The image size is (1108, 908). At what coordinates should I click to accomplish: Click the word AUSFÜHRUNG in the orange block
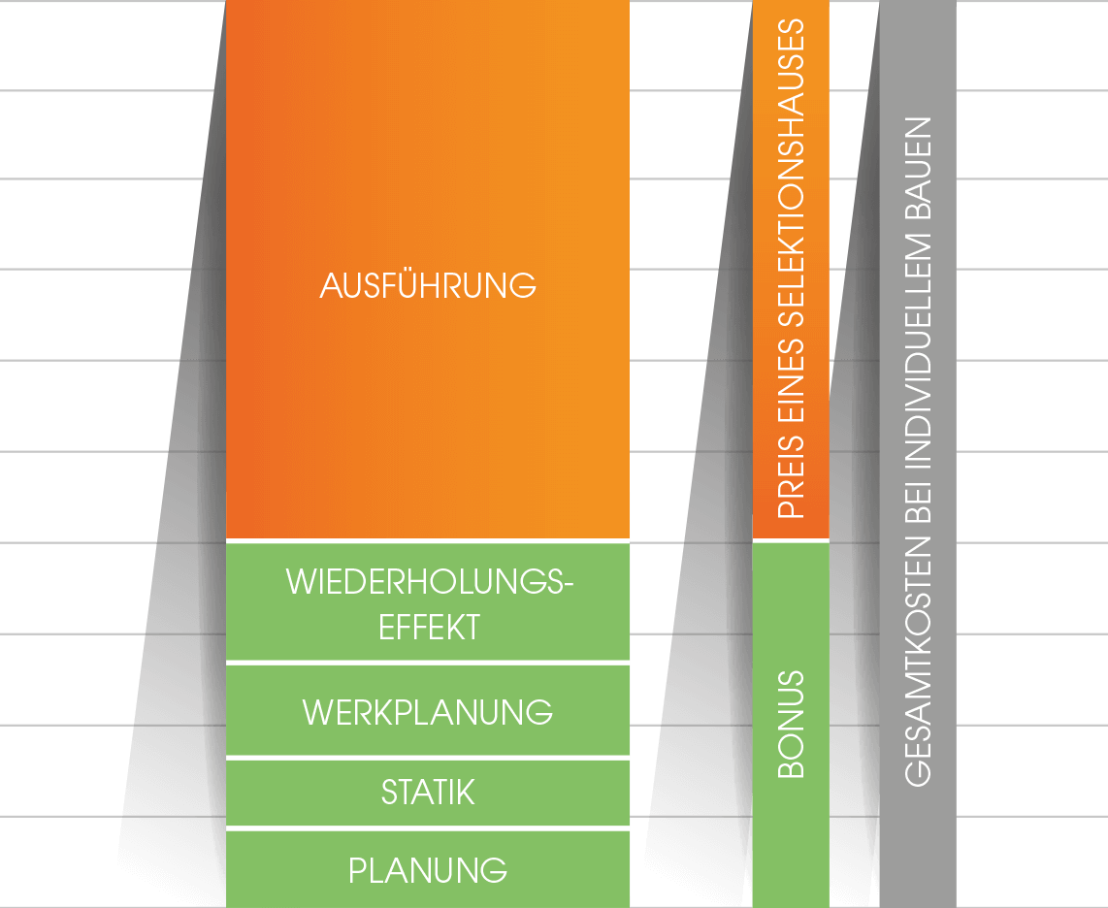point(428,286)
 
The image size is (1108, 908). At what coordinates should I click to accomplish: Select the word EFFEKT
point(429,627)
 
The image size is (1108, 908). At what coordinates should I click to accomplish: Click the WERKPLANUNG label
point(428,712)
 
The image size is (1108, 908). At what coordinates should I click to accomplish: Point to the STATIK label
point(428,793)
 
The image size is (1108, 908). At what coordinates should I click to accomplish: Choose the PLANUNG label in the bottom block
point(428,869)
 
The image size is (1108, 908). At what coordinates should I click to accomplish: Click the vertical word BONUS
point(792,724)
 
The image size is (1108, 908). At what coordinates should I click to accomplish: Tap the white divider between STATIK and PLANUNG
point(428,828)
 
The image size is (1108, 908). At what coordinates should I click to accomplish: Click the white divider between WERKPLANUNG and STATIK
point(428,758)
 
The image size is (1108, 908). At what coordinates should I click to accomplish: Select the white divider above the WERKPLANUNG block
point(428,663)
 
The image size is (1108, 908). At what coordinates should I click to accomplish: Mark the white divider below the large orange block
point(428,539)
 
